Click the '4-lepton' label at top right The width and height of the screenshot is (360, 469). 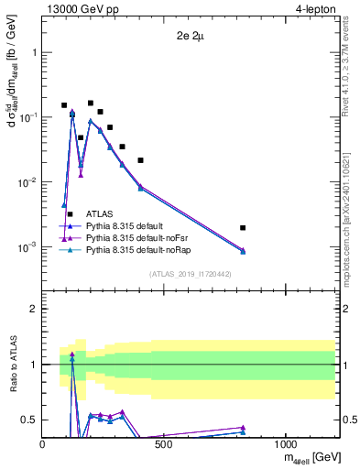315,10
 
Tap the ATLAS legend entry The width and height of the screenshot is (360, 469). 88,213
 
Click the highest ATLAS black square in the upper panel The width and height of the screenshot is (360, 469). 90,104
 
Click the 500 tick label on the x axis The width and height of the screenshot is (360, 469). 164,445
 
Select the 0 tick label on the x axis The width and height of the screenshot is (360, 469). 43,445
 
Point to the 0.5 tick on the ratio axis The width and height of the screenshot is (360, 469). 30,420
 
